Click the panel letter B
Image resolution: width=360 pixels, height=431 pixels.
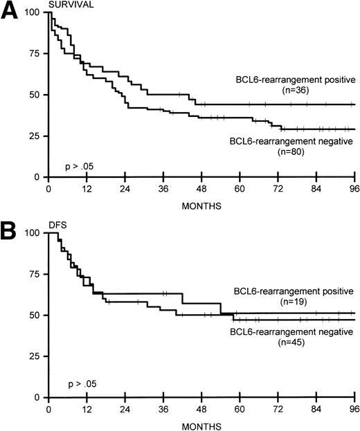(12, 230)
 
